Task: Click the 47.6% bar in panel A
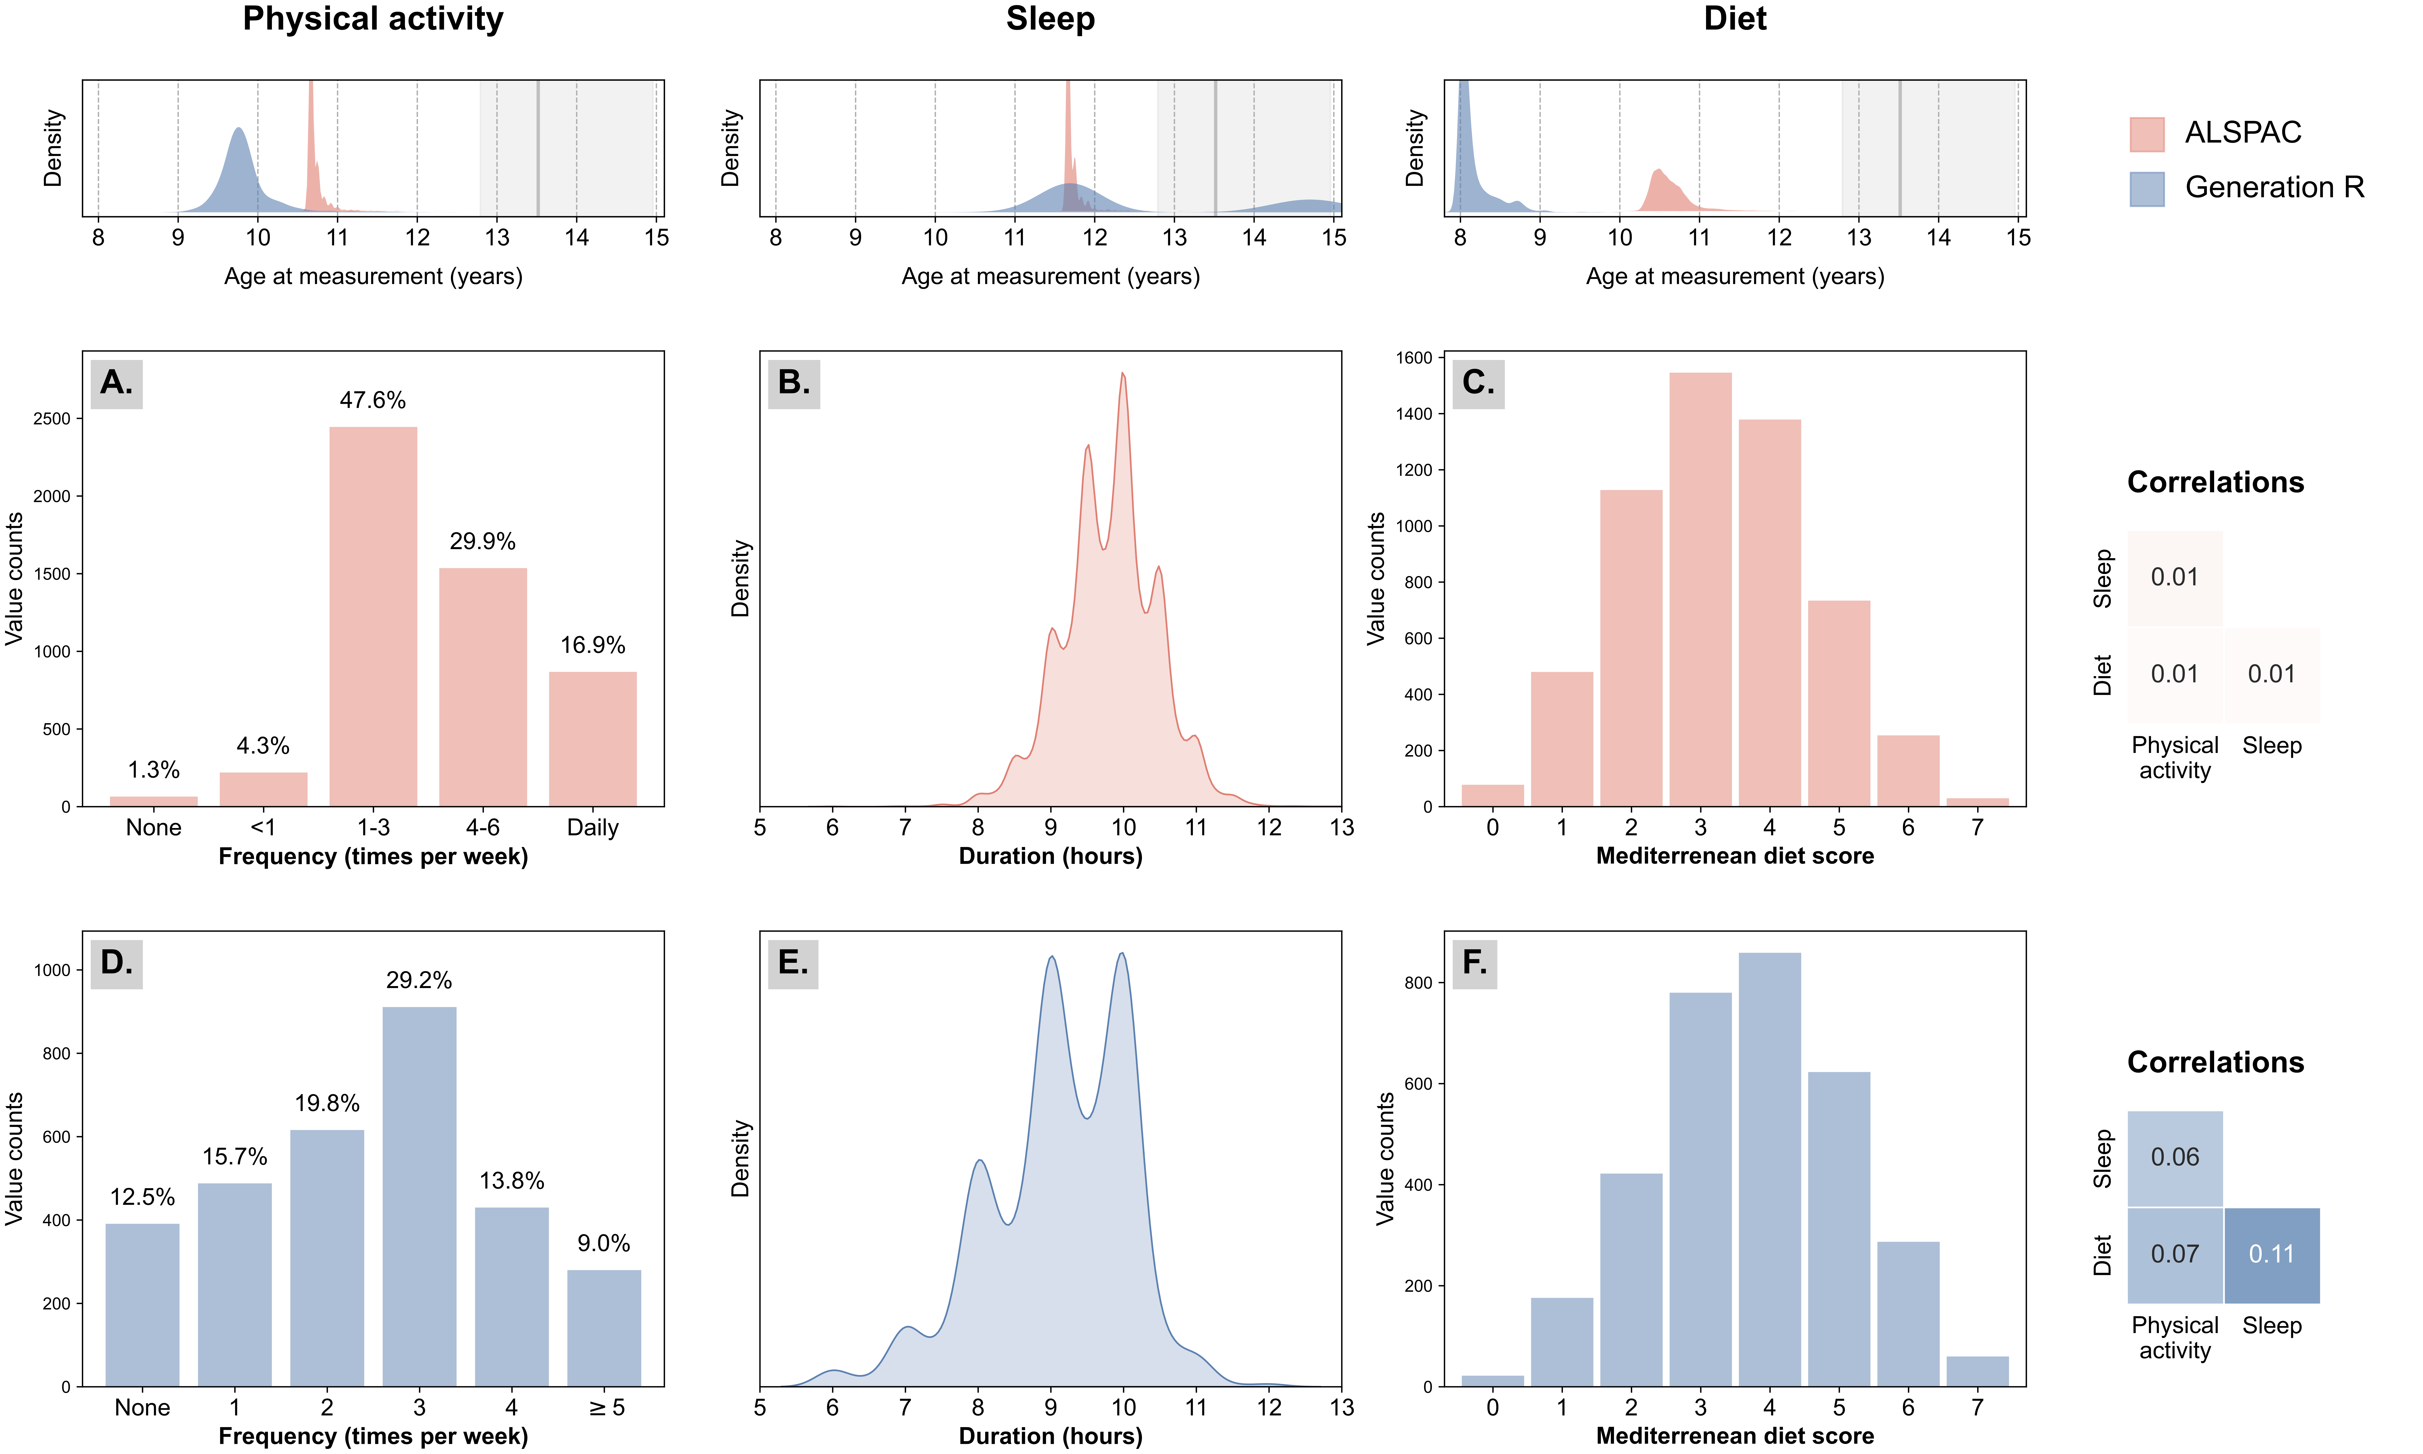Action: pos(373,616)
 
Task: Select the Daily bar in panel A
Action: pos(592,739)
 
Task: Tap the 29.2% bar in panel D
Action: pos(419,1196)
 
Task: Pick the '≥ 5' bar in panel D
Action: pos(604,1328)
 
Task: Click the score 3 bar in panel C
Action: pos(1700,590)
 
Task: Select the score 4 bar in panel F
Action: pos(1770,1170)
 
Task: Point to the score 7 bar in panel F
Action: pos(1977,1372)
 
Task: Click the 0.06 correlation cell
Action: pos(2175,1158)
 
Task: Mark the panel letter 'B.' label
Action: pos(794,383)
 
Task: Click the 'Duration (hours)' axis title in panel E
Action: pos(1051,1436)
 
